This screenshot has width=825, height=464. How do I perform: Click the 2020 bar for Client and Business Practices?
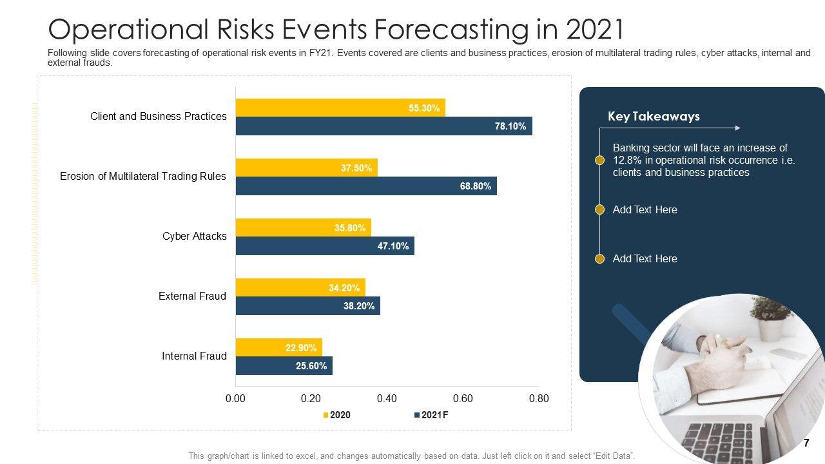[x=340, y=108]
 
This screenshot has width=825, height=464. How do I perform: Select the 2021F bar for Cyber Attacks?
[x=325, y=246]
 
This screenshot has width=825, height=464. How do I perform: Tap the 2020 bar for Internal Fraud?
[x=278, y=347]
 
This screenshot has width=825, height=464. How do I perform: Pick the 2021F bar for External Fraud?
[x=307, y=306]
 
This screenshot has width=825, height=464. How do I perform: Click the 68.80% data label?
[x=476, y=186]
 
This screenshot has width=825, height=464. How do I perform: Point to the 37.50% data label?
[x=356, y=168]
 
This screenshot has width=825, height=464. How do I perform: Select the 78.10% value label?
[x=510, y=126]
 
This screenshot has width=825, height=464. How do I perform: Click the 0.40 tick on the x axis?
[x=387, y=398]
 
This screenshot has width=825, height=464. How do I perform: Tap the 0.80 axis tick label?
[x=538, y=398]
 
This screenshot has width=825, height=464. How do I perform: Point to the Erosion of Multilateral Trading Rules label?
[x=143, y=176]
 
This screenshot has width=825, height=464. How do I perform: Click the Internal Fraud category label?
[x=194, y=356]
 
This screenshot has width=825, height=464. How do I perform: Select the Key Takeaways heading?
[x=654, y=117]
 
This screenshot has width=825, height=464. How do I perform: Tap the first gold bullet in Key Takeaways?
[x=599, y=160]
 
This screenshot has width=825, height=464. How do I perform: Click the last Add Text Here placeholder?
[x=645, y=258]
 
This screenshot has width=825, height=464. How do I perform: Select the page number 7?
[x=806, y=443]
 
